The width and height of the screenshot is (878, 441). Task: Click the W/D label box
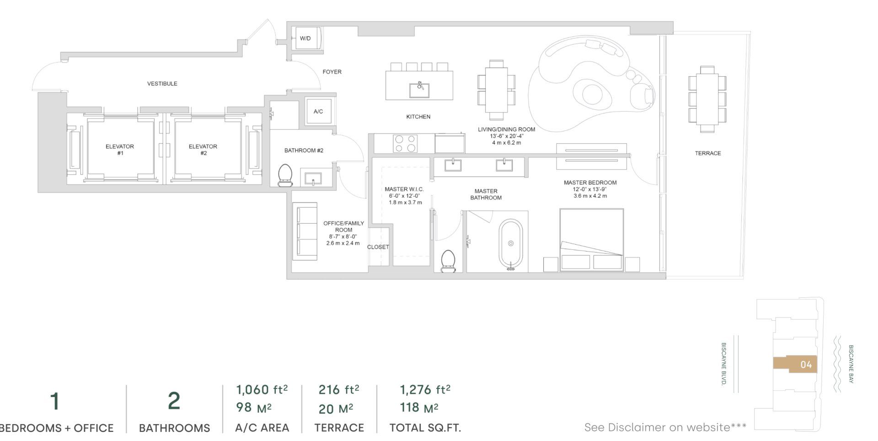pyautogui.click(x=305, y=38)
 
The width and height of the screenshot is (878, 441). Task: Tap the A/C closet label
pyautogui.click(x=318, y=111)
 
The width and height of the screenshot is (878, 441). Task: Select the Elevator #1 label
pyautogui.click(x=120, y=150)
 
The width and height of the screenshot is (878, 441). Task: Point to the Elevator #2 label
pyautogui.click(x=203, y=150)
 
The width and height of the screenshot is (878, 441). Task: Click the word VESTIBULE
pyautogui.click(x=162, y=84)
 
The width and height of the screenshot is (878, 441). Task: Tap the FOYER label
pyautogui.click(x=332, y=72)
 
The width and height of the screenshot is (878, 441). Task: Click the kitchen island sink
pyautogui.click(x=419, y=90)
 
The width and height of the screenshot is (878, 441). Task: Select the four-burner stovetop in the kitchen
pyautogui.click(x=406, y=143)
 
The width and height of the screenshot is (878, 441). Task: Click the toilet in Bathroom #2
pyautogui.click(x=285, y=175)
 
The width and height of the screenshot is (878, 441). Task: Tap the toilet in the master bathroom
pyautogui.click(x=448, y=262)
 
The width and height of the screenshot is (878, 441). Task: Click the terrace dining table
pyautogui.click(x=707, y=99)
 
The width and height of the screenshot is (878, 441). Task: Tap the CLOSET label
pyautogui.click(x=378, y=247)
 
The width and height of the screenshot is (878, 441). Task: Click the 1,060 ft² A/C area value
pyautogui.click(x=262, y=390)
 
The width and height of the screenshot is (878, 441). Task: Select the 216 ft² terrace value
pyautogui.click(x=339, y=390)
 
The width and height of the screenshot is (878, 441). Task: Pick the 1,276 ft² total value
pyautogui.click(x=425, y=390)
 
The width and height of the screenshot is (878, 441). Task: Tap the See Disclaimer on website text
pyautogui.click(x=665, y=427)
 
